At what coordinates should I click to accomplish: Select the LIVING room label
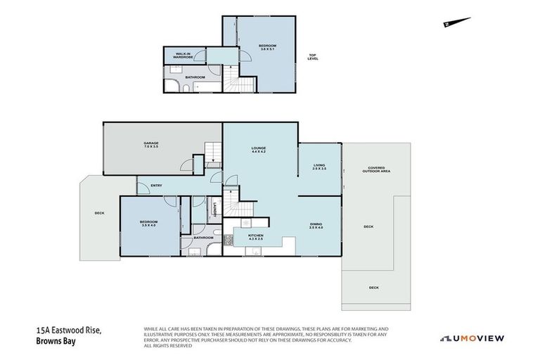[x=319, y=167]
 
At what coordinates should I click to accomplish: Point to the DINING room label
[x=316, y=226]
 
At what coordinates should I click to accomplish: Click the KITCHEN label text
[x=255, y=237]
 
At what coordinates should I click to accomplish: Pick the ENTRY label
[x=156, y=186]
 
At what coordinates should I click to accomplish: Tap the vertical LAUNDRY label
[x=214, y=209]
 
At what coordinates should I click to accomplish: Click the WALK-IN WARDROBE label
[x=175, y=54]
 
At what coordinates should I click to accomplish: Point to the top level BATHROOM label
[x=195, y=77]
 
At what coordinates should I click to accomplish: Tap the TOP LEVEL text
[x=313, y=57]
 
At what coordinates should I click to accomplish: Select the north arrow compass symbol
[x=452, y=24]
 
